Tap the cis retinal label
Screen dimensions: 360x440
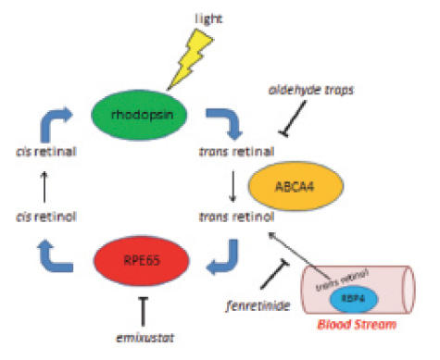[40, 152]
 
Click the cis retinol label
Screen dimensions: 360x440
[40, 217]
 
